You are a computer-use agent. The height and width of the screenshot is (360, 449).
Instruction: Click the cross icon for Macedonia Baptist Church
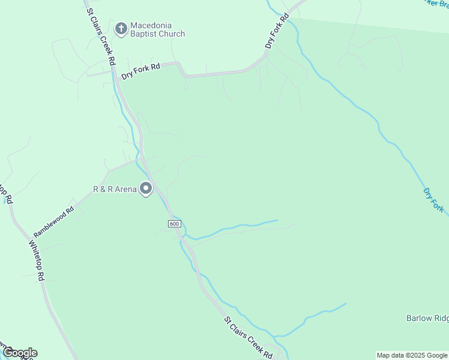click(x=121, y=28)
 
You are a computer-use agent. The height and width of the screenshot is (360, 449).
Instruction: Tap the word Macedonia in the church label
click(x=152, y=25)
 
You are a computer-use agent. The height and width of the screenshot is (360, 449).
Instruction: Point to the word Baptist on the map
click(x=145, y=34)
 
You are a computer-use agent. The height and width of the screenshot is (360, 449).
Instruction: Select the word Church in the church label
click(x=172, y=34)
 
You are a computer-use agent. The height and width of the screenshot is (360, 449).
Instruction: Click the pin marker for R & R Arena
click(x=146, y=189)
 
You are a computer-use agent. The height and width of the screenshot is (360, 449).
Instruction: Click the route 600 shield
click(x=174, y=224)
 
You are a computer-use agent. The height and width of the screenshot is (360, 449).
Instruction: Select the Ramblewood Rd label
click(x=53, y=222)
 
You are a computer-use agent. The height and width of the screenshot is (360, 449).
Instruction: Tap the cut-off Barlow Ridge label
click(x=427, y=318)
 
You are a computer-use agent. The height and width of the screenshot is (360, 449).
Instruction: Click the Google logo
click(x=20, y=353)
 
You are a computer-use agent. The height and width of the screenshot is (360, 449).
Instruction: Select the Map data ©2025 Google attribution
click(x=412, y=355)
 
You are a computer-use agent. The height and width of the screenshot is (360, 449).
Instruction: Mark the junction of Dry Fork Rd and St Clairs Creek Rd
click(x=115, y=74)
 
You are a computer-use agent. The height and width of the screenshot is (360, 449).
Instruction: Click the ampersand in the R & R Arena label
click(x=103, y=189)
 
